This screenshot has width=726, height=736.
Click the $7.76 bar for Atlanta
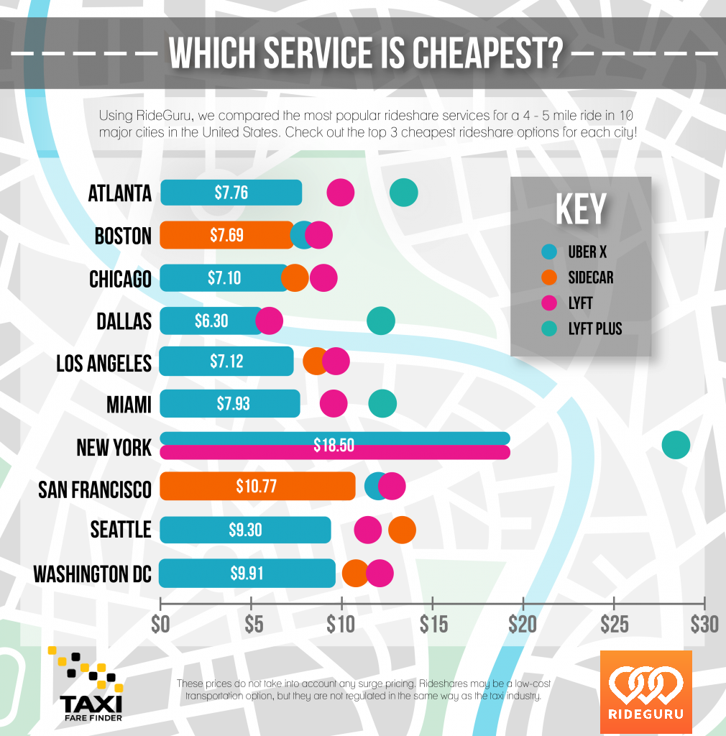tap(231, 193)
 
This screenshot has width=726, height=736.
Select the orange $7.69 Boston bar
tap(226, 235)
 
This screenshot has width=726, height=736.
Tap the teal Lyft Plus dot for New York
tap(676, 445)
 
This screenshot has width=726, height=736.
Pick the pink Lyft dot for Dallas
tap(270, 321)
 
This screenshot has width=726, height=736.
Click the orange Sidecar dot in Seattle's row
tap(402, 530)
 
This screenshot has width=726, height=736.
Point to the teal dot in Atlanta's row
tap(404, 193)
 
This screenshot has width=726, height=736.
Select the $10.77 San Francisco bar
tap(257, 487)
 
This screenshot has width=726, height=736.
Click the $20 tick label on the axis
tap(522, 623)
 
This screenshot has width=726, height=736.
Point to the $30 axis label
tap(704, 623)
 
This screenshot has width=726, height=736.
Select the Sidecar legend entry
tap(590, 277)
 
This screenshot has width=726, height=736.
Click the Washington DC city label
tap(93, 574)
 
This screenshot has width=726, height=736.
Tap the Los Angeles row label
tap(104, 363)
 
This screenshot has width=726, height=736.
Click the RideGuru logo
tap(645, 692)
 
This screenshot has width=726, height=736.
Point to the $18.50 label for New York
tap(334, 446)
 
